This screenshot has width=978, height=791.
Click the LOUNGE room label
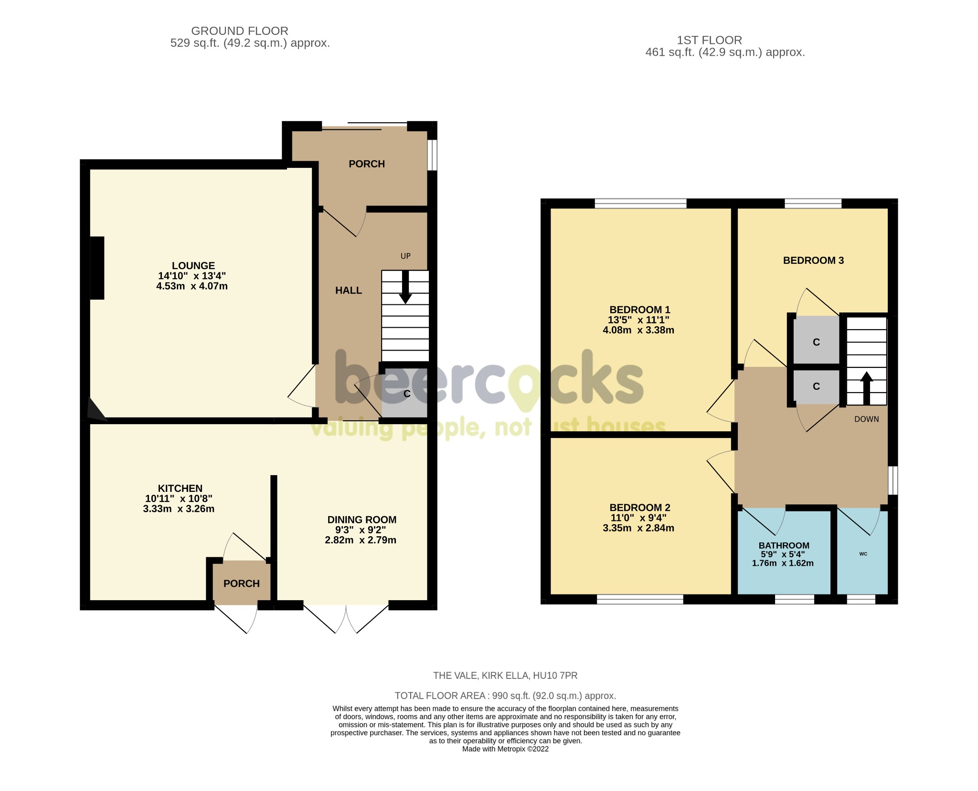(x=193, y=266)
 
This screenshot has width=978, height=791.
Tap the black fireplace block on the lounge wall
(x=97, y=268)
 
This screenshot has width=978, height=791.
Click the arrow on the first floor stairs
(x=866, y=388)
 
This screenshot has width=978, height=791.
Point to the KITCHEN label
(x=180, y=489)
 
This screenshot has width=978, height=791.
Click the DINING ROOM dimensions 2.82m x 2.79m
(x=361, y=540)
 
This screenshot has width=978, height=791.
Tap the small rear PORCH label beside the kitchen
(x=241, y=583)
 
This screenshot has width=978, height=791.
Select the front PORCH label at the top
(x=366, y=164)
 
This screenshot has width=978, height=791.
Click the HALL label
(x=348, y=291)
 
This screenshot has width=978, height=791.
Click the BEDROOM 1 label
(x=639, y=310)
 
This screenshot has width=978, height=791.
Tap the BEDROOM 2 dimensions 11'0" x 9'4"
(x=638, y=518)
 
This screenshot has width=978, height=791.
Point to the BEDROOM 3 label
(x=813, y=260)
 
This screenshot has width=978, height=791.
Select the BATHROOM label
(x=784, y=545)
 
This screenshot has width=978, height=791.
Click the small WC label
(x=863, y=554)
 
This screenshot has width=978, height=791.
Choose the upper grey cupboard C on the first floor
(x=816, y=342)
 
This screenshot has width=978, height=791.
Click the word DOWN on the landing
(x=866, y=419)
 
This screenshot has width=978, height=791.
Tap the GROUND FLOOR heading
(x=239, y=31)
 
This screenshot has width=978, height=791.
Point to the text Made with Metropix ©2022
(x=505, y=749)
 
